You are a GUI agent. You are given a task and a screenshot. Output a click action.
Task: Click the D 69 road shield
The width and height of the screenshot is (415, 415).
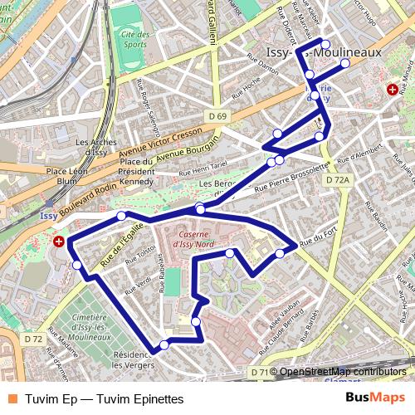click(x=217, y=115)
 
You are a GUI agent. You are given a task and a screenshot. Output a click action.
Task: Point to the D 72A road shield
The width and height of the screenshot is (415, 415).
click(x=338, y=179)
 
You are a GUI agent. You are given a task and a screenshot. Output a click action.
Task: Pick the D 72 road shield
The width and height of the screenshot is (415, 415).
click(x=33, y=339)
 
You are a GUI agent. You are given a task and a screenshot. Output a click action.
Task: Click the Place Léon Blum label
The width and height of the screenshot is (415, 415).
click(x=67, y=175)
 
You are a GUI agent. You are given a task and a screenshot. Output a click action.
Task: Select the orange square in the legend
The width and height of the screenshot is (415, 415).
click(x=12, y=398)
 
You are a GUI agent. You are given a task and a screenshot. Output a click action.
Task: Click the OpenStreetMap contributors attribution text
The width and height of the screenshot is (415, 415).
click(x=342, y=372)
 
